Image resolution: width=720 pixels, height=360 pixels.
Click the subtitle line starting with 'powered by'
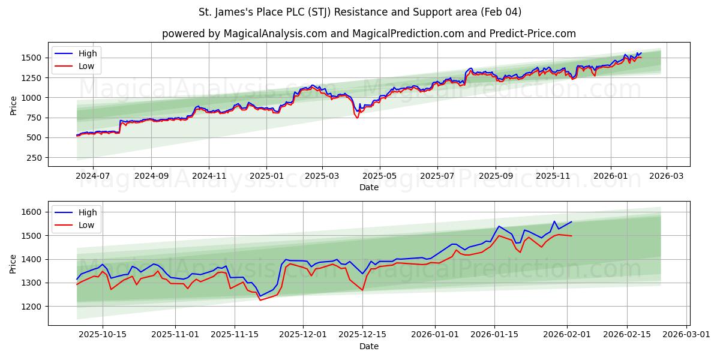click(368, 34)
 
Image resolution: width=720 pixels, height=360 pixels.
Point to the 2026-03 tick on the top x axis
click(666, 176)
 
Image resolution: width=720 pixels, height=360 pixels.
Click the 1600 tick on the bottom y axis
click(34, 212)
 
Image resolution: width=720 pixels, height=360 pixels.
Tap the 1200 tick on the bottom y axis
click(34, 306)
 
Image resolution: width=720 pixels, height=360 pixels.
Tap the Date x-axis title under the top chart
click(368, 187)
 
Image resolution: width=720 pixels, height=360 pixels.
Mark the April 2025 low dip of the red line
click(357, 118)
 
